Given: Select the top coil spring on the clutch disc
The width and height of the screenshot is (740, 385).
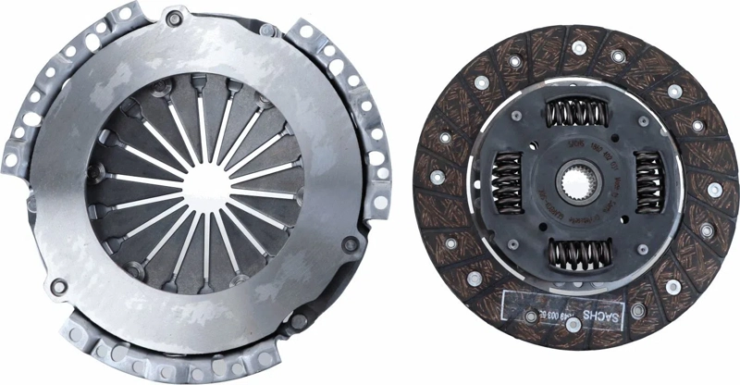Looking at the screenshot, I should pos(571,114).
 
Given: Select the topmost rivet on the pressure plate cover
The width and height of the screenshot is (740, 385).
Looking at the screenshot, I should pos(173,17).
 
